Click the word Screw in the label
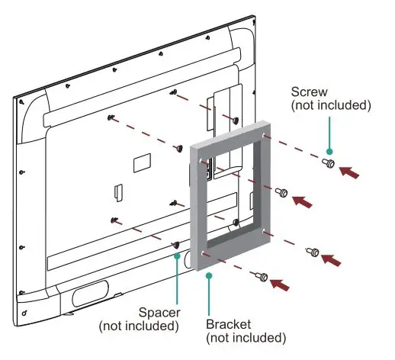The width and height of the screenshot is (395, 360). [310, 91]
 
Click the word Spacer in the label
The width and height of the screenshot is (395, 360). [159, 313]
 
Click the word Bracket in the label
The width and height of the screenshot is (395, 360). [228, 324]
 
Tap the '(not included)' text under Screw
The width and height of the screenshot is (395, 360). [330, 104]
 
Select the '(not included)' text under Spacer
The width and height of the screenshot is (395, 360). [139, 326]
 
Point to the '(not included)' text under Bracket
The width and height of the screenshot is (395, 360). [246, 337]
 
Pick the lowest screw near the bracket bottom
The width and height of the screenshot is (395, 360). [262, 276]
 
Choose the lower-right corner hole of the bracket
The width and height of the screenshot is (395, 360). [264, 230]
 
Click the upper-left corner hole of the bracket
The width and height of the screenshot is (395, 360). [201, 162]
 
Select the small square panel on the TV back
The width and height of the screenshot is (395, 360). [142, 162]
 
